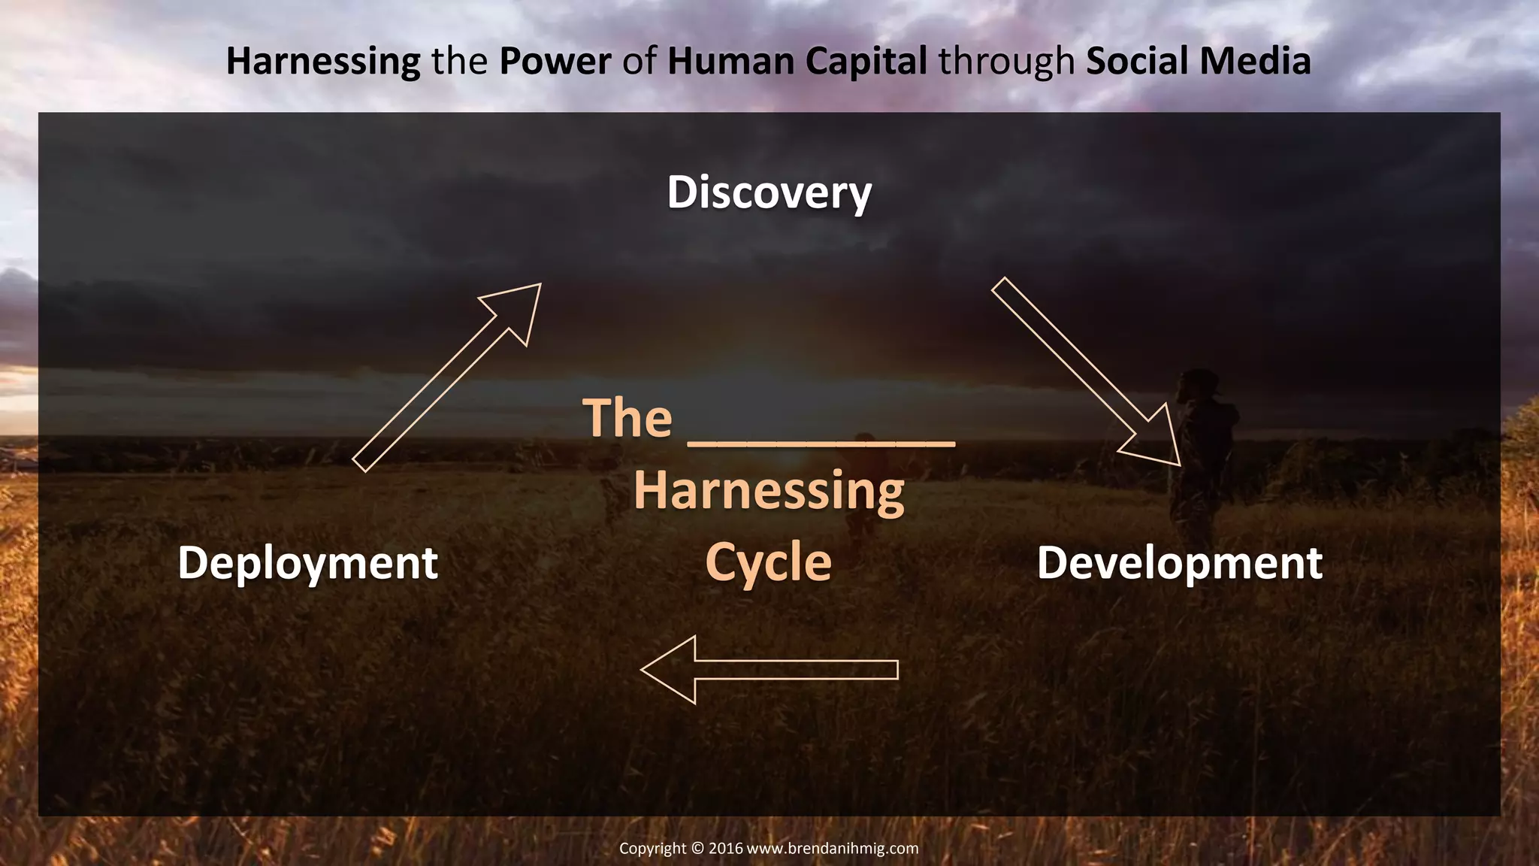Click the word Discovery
pos(769,192)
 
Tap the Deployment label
pos(307,563)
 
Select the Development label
pos(1179,563)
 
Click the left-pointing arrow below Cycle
pos(768,670)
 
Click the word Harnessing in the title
pos(323,62)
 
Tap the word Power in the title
pos(555,62)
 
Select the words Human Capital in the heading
pos(797,62)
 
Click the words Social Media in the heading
pos(1198,62)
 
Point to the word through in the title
pos(1006,62)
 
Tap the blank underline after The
pos(821,443)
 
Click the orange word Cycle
pos(769,563)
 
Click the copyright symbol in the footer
pos(697,849)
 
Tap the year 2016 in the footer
pos(725,849)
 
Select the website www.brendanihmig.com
pos(833,849)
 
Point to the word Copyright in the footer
pos(652,849)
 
